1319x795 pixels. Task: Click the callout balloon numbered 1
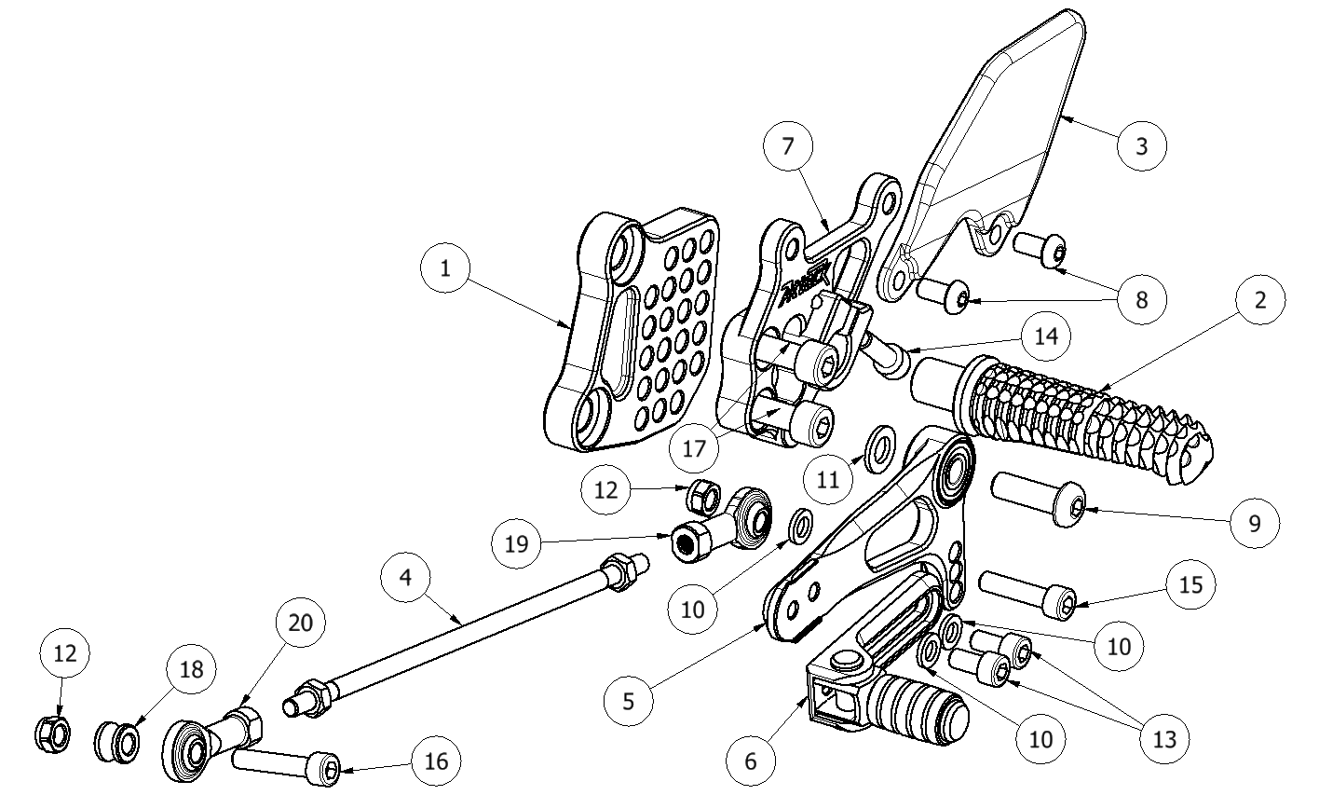click(x=445, y=268)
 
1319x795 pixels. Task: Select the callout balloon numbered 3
click(x=1141, y=146)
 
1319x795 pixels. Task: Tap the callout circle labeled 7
click(x=787, y=147)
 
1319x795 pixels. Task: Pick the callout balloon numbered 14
click(x=1046, y=334)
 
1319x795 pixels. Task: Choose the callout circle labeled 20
click(x=301, y=621)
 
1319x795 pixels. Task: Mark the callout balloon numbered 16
click(x=435, y=761)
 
